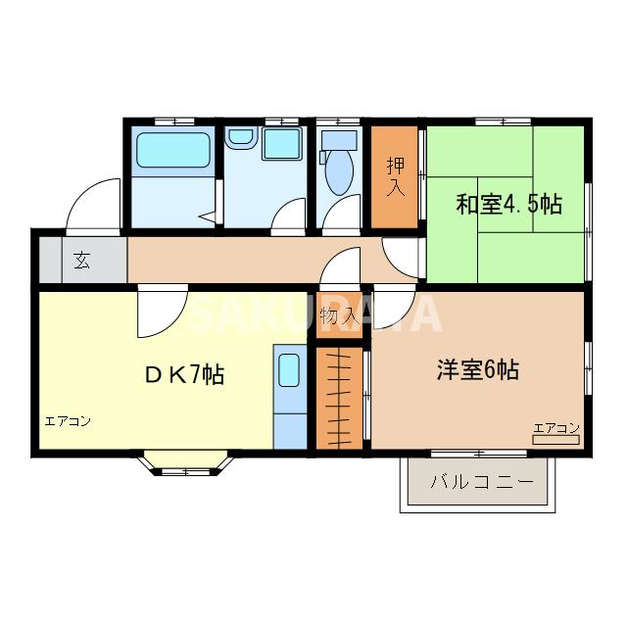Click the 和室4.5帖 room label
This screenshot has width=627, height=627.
point(508,205)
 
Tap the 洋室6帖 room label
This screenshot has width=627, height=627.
point(477,370)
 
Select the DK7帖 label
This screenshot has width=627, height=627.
point(185,373)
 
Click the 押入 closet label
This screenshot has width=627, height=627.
point(395,174)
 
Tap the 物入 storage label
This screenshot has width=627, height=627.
point(338,316)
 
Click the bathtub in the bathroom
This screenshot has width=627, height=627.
point(173,151)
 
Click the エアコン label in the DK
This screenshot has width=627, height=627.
point(68,421)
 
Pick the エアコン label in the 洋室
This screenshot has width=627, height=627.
point(556,428)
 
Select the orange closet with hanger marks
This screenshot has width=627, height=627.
point(339,396)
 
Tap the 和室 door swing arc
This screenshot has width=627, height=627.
point(401,256)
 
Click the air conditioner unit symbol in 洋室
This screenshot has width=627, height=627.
point(556,440)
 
